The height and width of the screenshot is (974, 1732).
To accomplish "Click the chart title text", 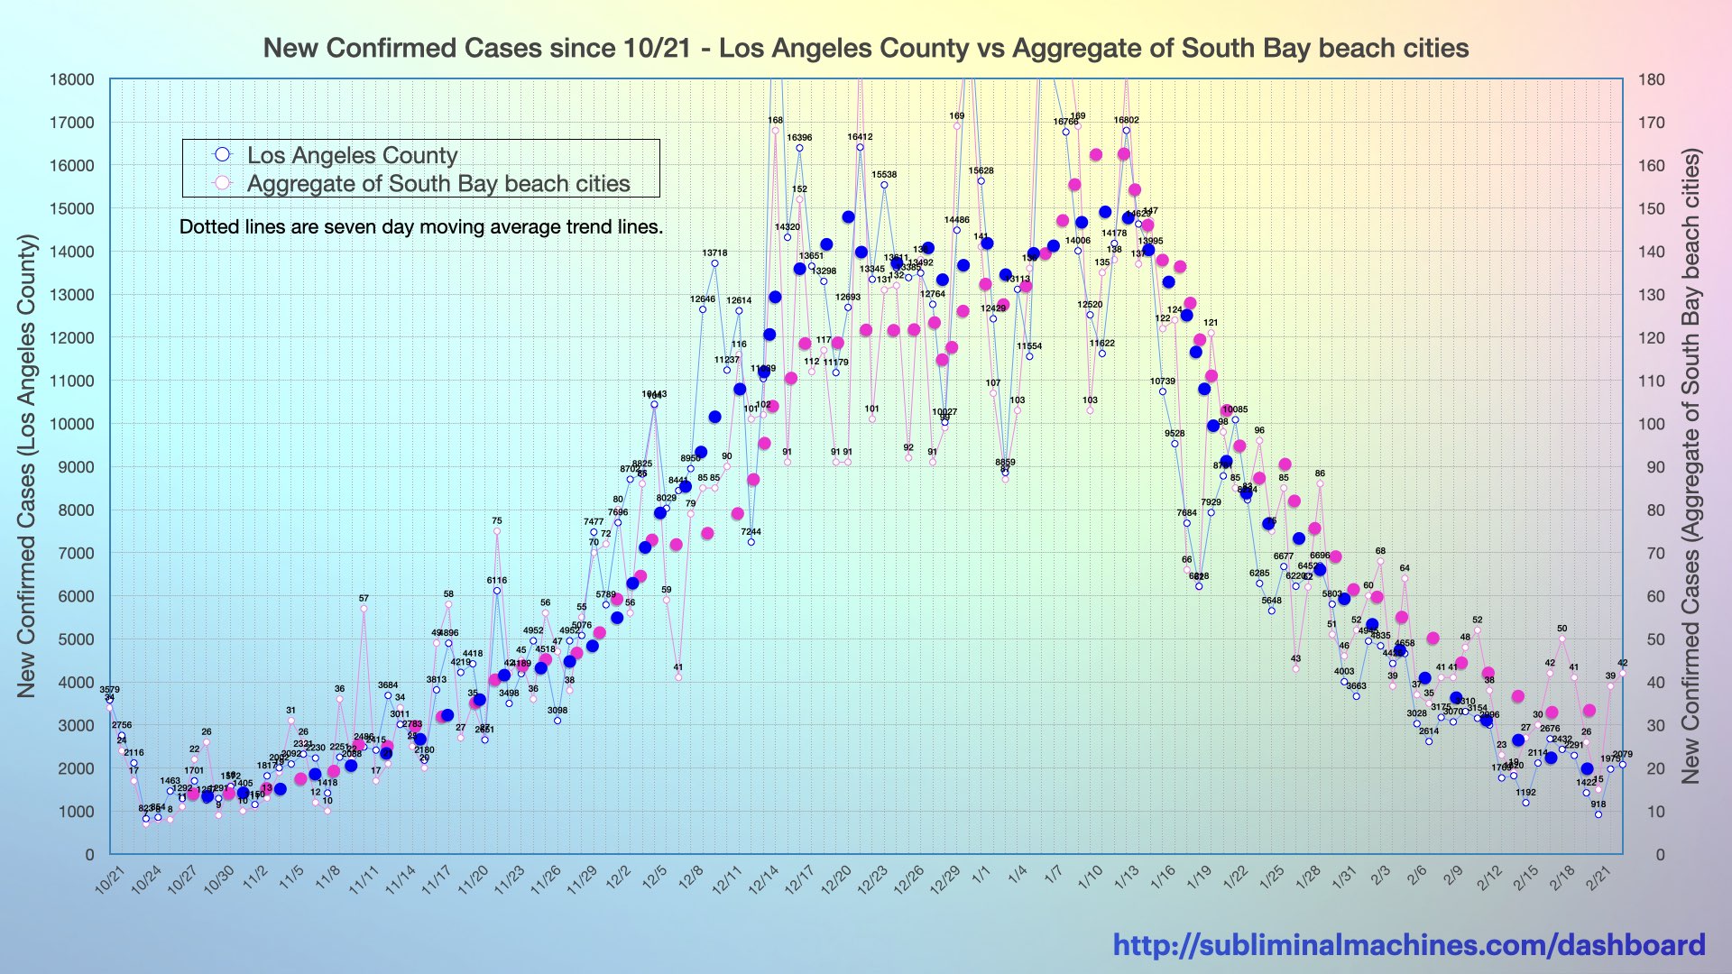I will (865, 48).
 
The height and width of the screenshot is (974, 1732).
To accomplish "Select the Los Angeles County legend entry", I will (352, 155).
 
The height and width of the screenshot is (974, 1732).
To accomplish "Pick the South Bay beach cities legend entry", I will (438, 184).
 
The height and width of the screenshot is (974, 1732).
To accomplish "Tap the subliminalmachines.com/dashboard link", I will (1408, 944).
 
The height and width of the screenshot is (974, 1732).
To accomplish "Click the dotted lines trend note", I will (420, 227).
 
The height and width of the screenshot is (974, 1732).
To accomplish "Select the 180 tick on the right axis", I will (1652, 79).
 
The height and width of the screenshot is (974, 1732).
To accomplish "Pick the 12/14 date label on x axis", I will (763, 878).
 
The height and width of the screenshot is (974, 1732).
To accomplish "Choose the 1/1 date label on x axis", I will (982, 874).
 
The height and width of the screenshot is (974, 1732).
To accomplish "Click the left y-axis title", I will (27, 465).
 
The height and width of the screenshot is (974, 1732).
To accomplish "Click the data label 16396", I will (799, 138).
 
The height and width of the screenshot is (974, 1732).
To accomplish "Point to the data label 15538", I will (884, 175).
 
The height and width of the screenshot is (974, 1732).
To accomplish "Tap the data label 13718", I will (714, 253).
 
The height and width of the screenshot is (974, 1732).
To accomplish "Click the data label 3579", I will (109, 690).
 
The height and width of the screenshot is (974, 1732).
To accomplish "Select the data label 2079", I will (1622, 755).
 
